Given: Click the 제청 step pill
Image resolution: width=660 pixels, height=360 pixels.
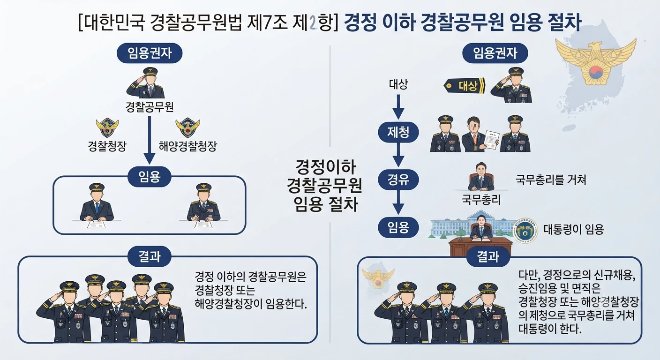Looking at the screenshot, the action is [x=398, y=133].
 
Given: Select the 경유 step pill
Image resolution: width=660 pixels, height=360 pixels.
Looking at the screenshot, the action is [x=398, y=180].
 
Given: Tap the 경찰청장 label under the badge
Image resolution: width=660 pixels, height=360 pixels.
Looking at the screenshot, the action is [x=107, y=146].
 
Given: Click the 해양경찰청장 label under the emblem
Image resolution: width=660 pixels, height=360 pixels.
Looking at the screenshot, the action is [x=187, y=146].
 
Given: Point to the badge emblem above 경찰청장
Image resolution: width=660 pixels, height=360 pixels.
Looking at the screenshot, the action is [x=107, y=127].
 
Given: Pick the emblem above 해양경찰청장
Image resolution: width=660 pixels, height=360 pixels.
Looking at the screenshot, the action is [x=187, y=127].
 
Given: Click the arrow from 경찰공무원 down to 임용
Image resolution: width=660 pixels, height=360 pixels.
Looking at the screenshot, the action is [x=150, y=140].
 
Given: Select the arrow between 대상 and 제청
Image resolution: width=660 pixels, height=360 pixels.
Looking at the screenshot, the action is [x=398, y=107].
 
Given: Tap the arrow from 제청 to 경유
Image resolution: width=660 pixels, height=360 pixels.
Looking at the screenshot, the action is [x=398, y=155].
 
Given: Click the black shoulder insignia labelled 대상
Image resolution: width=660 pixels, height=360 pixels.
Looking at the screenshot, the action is [x=465, y=86].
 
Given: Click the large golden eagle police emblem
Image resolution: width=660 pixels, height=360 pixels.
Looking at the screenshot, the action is [x=596, y=62].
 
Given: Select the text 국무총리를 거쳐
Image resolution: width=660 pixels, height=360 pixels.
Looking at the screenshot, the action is [x=551, y=180].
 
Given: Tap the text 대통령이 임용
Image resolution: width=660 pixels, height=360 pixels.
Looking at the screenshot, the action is [x=573, y=229].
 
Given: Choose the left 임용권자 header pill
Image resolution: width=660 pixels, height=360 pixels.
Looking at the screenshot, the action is [x=150, y=53].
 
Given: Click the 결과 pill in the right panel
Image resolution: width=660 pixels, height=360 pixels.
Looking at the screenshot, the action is [x=488, y=256].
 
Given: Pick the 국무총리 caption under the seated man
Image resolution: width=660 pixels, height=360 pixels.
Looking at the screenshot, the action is [x=481, y=200].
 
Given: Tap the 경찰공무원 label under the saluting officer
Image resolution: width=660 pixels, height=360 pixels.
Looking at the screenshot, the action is [x=150, y=107].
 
